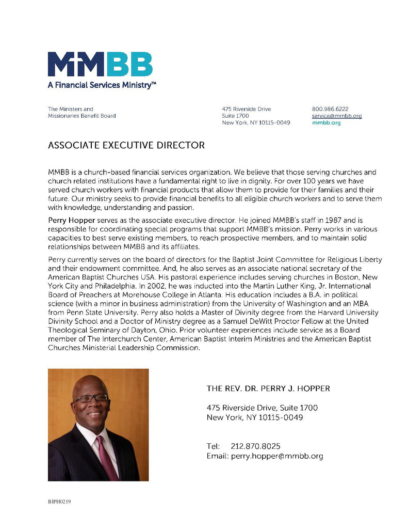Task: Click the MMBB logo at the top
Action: pyautogui.click(x=100, y=64)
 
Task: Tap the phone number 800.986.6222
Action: pyautogui.click(x=330, y=109)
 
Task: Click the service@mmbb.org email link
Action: pyautogui.click(x=337, y=116)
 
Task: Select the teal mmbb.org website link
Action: pyautogui.click(x=327, y=123)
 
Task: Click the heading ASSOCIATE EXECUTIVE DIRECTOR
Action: pyautogui.click(x=126, y=146)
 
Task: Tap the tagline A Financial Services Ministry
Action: pyautogui.click(x=102, y=85)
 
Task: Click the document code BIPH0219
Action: pyautogui.click(x=59, y=502)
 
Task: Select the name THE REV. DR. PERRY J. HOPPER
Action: pyautogui.click(x=268, y=388)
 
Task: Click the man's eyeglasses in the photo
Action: pyautogui.click(x=91, y=398)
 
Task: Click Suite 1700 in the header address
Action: pyautogui.click(x=236, y=116)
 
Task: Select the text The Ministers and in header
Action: pyautogui.click(x=71, y=109)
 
